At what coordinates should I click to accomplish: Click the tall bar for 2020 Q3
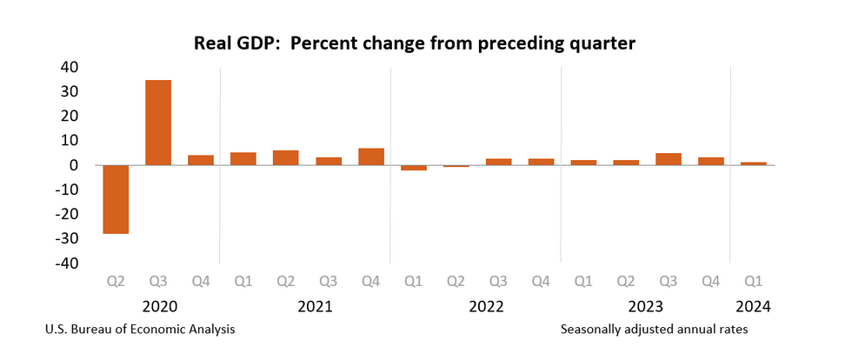click(158, 122)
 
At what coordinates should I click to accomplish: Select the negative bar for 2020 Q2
click(116, 199)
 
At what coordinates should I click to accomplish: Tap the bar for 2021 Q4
click(371, 157)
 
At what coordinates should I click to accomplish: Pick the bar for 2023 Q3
click(669, 159)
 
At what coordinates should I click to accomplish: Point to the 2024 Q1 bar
click(754, 163)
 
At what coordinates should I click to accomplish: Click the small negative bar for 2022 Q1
click(414, 168)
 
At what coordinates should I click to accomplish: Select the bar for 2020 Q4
click(201, 160)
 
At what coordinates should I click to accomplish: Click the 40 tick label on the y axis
click(68, 67)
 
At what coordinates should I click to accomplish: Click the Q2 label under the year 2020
click(116, 281)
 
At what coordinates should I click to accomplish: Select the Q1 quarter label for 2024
click(754, 281)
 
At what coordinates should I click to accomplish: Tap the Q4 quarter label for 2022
click(541, 281)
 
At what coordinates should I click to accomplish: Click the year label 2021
click(315, 306)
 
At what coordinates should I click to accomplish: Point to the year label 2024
click(754, 306)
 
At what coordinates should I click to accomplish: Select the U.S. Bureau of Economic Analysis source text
click(137, 330)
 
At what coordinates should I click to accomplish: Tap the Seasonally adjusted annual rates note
click(654, 330)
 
